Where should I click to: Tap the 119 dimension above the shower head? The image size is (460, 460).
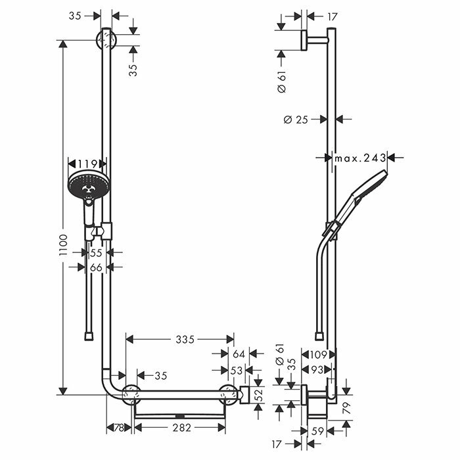click(87, 164)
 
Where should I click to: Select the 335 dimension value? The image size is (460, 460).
click(185, 340)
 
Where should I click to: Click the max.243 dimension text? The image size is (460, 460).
click(359, 158)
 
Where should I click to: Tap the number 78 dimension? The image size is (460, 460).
click(119, 428)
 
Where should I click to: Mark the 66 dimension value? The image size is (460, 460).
click(95, 267)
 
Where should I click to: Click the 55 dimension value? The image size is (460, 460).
click(96, 252)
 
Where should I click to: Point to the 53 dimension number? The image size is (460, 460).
click(237, 371)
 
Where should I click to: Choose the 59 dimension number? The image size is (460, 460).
click(317, 432)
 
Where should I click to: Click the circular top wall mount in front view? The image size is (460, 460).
click(106, 39)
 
